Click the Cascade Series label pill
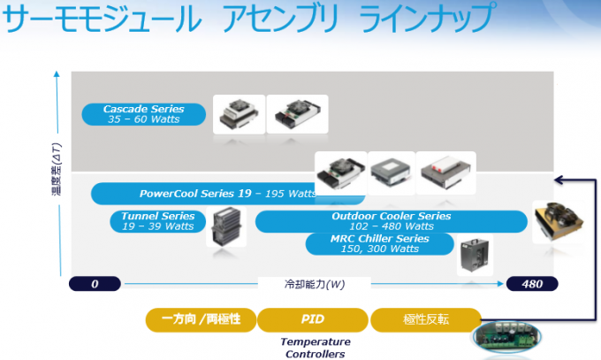point(144,114)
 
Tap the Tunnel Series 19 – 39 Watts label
point(157,221)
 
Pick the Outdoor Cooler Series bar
point(391,221)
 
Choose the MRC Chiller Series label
point(379,244)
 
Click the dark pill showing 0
point(95,284)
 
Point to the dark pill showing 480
point(532,284)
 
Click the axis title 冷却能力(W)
point(315,285)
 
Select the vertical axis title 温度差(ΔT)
point(57,169)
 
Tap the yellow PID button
point(312,319)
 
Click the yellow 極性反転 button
point(426,319)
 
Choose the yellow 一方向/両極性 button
point(201,319)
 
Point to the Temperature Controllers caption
point(315,348)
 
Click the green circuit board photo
point(506,337)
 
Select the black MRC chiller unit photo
point(475,255)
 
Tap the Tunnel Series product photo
point(226,226)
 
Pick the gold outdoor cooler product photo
point(559,221)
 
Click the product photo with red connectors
point(446,172)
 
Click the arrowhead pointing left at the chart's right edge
point(559,180)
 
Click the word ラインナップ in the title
point(428,18)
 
